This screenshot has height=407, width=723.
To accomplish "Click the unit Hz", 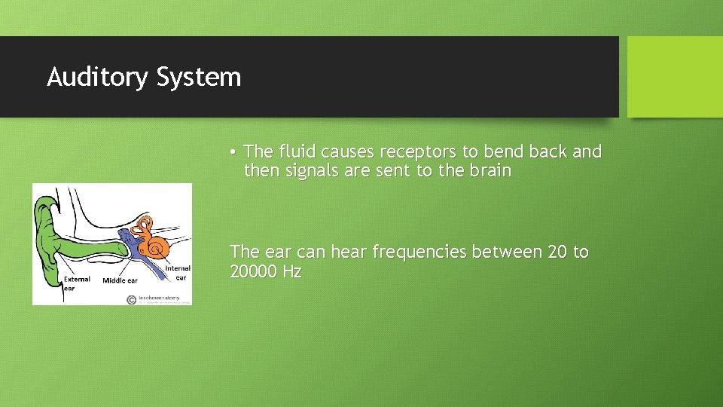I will pyautogui.click(x=292, y=271).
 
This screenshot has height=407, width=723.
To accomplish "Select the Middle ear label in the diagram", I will pyautogui.click(x=119, y=281).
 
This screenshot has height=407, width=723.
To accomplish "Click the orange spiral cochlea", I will pyautogui.click(x=158, y=246).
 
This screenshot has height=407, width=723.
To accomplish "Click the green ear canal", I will pyautogui.click(x=98, y=248).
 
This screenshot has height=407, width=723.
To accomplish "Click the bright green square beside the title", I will pyautogui.click(x=674, y=77).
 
